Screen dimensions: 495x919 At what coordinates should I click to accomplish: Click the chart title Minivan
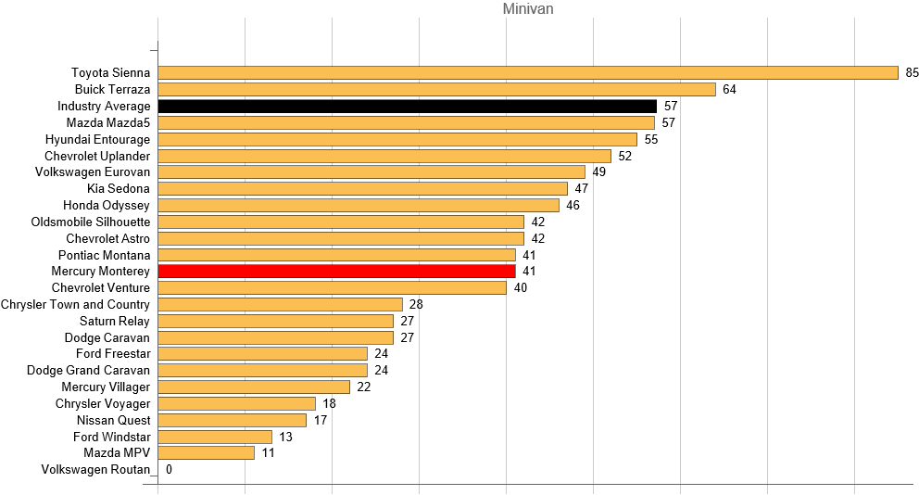pyautogui.click(x=528, y=10)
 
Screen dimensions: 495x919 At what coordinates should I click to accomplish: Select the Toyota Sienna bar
pyautogui.click(x=528, y=73)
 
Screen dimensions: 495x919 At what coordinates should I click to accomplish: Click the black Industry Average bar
pyautogui.click(x=407, y=107)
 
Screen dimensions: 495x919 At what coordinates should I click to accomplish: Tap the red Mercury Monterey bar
pyautogui.click(x=336, y=272)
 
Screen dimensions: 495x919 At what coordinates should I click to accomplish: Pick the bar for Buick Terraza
pyautogui.click(x=436, y=90)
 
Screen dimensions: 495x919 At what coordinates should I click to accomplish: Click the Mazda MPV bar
pyautogui.click(x=206, y=453)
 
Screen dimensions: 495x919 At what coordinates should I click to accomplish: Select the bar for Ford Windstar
pyautogui.click(x=215, y=437)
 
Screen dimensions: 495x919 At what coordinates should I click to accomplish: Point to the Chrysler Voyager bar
pyautogui.click(x=236, y=404)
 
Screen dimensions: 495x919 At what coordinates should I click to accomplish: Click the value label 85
pyautogui.click(x=912, y=73)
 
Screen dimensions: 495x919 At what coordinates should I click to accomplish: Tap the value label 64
pyautogui.click(x=729, y=90)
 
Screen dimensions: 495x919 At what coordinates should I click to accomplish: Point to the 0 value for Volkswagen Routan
pyautogui.click(x=169, y=470)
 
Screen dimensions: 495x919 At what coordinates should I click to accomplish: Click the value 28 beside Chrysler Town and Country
pyautogui.click(x=416, y=305)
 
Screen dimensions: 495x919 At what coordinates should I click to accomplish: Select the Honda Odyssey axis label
pyautogui.click(x=107, y=205)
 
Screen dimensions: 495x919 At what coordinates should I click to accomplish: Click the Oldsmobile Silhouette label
pyautogui.click(x=91, y=222)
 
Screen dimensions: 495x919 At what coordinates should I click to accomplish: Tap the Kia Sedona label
pyautogui.click(x=118, y=189)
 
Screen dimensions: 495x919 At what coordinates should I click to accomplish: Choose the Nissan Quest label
pyautogui.click(x=114, y=421)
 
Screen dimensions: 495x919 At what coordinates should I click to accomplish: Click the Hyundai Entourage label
pyautogui.click(x=97, y=139)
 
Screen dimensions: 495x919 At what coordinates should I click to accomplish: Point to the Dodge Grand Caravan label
pyautogui.click(x=88, y=371)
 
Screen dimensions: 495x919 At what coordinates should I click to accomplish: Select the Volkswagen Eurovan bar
pyautogui.click(x=371, y=172)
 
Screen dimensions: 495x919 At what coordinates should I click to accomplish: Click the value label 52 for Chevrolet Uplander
pyautogui.click(x=624, y=156)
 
